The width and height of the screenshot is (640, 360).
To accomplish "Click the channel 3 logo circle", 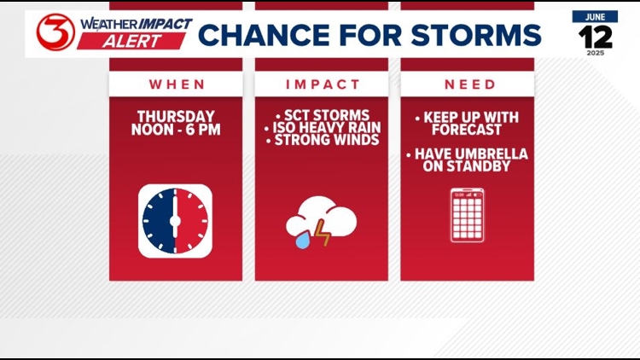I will pos(55,32).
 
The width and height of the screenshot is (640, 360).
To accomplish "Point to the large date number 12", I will pos(595,37).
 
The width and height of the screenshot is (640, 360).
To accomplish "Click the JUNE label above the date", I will pos(595,16).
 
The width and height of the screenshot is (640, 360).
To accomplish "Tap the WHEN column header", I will pos(177,84).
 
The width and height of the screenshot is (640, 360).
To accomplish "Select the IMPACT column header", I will pos(321,84).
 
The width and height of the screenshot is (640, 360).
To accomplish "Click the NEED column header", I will pos(469,84).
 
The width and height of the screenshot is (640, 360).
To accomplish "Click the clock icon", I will pos(175,220).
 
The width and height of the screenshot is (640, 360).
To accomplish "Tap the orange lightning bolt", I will pos(323,231).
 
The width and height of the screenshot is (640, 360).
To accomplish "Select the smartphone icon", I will pos(467,215).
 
